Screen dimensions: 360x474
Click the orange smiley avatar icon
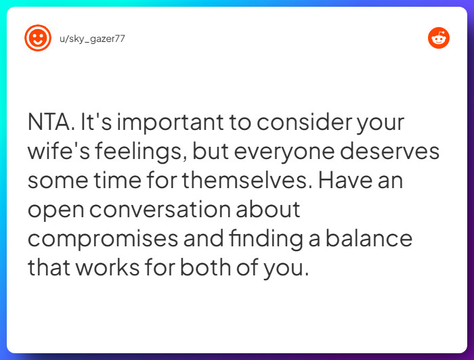coord(38,38)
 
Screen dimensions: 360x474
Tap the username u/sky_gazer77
coord(91,39)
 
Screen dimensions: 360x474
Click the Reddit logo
coord(439,38)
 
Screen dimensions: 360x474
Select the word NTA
coord(51,123)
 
